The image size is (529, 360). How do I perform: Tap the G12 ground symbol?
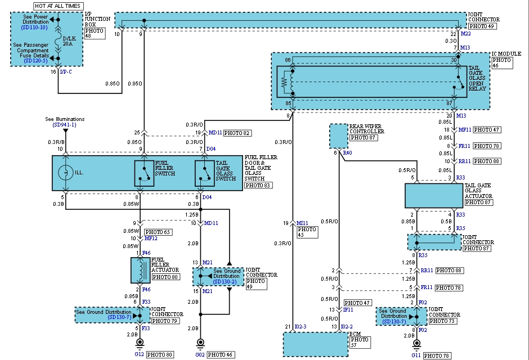[x=139, y=343]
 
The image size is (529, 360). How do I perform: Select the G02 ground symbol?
[x=200, y=343]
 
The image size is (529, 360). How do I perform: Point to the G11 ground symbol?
[x=416, y=343]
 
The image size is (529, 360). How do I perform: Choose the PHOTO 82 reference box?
[x=237, y=133]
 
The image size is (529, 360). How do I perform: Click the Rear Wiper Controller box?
[x=339, y=136]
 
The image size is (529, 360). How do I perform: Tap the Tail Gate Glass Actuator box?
[x=433, y=195]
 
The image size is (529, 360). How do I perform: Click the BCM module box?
[x=315, y=344]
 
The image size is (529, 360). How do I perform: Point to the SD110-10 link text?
[x=35, y=26]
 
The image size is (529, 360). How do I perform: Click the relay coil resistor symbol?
[x=285, y=82]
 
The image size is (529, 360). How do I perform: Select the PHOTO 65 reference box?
[x=158, y=232]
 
